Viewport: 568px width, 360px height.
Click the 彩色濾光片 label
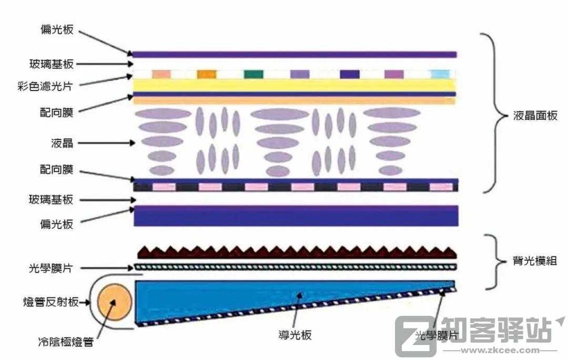click(45, 86)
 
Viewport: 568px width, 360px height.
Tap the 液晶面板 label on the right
click(535, 116)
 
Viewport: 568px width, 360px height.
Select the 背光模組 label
click(535, 261)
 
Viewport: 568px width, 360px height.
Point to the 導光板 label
click(295, 335)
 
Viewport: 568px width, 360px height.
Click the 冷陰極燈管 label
click(66, 342)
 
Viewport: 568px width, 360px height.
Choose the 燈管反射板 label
click(50, 302)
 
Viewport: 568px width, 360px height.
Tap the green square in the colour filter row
click(253, 74)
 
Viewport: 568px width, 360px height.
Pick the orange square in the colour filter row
click(207, 74)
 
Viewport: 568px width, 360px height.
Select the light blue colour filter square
click(440, 74)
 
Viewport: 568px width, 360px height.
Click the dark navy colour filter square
click(350, 74)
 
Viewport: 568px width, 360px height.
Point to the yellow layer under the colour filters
click(294, 85)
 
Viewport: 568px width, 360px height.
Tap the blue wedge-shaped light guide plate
click(295, 303)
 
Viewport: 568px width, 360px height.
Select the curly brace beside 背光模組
click(495, 262)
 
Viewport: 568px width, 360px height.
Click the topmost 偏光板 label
click(57, 29)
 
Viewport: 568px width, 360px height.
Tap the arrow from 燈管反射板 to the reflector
click(85, 302)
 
